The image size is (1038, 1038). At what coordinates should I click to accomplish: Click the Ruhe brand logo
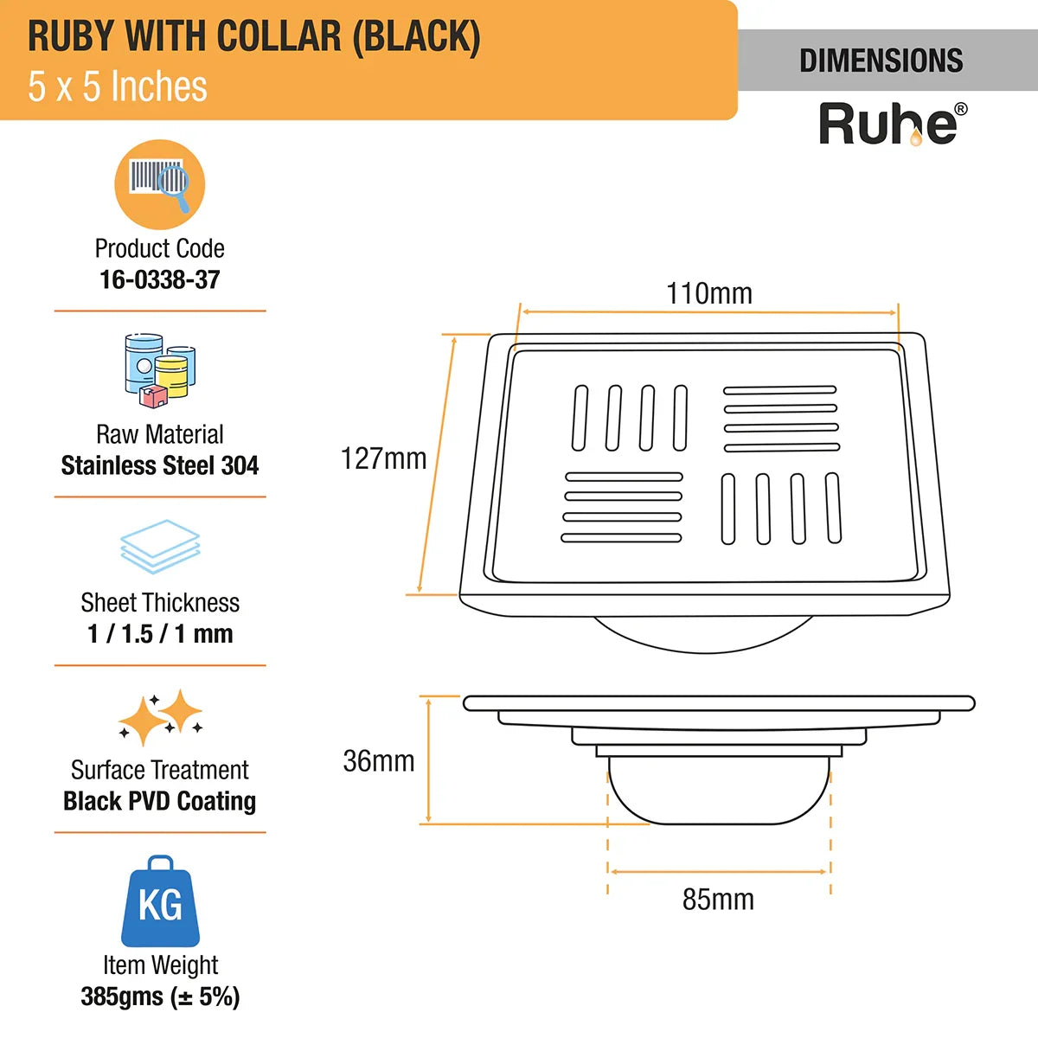[888, 124]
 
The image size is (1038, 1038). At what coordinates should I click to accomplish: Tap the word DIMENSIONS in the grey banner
[881, 61]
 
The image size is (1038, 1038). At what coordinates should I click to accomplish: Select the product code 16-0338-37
[160, 279]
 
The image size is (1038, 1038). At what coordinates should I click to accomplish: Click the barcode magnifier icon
[160, 183]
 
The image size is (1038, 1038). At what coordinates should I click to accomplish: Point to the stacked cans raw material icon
[160, 370]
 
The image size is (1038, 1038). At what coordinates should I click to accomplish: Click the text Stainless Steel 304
[160, 465]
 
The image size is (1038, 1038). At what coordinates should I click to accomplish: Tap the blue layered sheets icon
[160, 546]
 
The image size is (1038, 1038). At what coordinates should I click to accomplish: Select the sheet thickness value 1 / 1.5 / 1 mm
[160, 633]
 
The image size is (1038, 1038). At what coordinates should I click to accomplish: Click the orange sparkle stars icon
[160, 717]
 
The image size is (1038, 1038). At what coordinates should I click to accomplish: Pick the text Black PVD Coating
[160, 801]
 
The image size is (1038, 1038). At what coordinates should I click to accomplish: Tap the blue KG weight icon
[160, 901]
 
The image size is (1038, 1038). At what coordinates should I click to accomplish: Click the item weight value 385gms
[160, 996]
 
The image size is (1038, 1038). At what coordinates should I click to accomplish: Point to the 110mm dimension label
[709, 293]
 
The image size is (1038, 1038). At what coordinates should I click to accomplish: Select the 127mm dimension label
[383, 458]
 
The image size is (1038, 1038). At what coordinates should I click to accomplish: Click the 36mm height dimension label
[379, 761]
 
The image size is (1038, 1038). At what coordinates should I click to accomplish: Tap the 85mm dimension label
[718, 900]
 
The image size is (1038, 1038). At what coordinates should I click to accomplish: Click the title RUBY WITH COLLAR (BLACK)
[254, 36]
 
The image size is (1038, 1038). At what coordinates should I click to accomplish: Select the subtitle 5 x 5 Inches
[118, 86]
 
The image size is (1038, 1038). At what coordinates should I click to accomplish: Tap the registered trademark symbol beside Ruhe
[961, 110]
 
